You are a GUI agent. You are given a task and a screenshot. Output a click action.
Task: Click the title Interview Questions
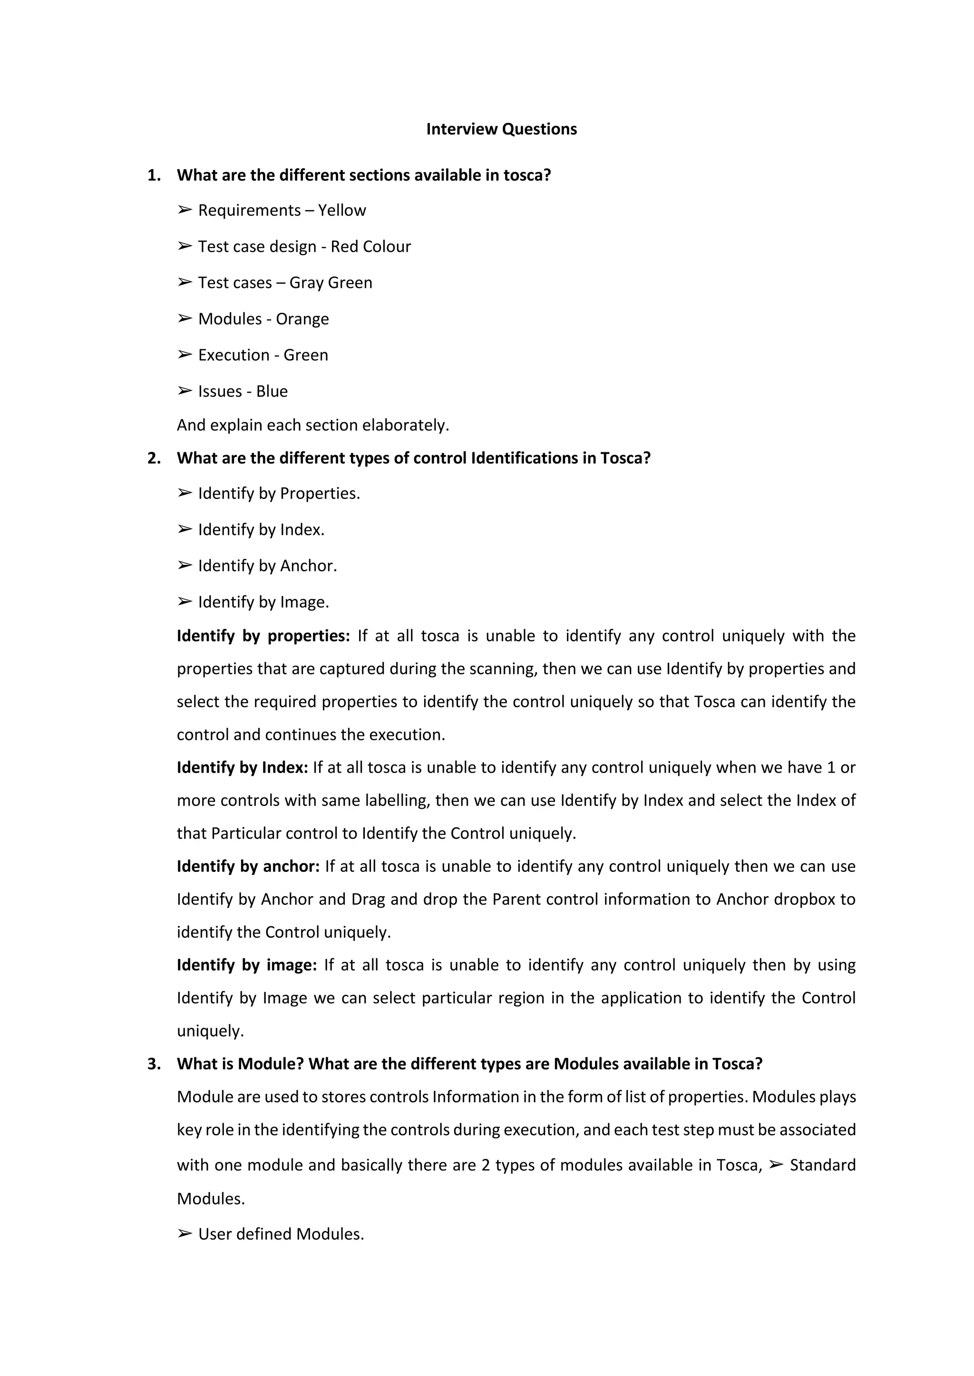coord(501,129)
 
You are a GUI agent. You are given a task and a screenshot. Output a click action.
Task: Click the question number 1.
coord(154,176)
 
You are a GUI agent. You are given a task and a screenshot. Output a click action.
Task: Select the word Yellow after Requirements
coord(342,210)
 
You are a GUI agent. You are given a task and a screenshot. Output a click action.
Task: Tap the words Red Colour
coord(370,247)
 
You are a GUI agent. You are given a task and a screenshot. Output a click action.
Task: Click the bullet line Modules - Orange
coord(263,319)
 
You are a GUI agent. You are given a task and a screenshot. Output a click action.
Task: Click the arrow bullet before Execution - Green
coord(184,355)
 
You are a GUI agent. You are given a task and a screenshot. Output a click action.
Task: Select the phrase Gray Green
coord(331,283)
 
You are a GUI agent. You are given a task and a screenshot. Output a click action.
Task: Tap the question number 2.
coord(154,459)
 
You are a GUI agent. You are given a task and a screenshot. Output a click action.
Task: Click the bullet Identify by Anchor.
coord(267,566)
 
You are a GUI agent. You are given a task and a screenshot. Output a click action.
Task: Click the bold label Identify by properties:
coord(263,636)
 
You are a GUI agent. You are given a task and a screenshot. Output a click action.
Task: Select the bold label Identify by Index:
coord(242,768)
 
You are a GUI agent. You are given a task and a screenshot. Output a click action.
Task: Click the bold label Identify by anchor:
coord(248,867)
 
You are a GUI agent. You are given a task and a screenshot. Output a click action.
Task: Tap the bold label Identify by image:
coord(246,965)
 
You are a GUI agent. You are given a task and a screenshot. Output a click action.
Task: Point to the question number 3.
coord(154,1064)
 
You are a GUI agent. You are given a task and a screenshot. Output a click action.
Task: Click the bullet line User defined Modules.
coord(281,1234)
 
